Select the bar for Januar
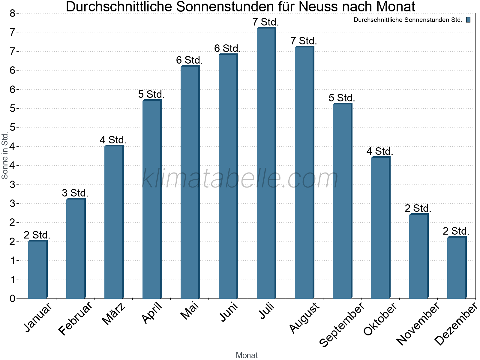pyautogui.click(x=37, y=270)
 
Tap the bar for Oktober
pyautogui.click(x=380, y=228)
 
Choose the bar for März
pyautogui.click(x=114, y=222)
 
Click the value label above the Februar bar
pyautogui.click(x=75, y=193)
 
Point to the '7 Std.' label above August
pyautogui.click(x=304, y=41)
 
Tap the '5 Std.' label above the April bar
pyautogui.click(x=151, y=94)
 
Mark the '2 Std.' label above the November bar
pyautogui.click(x=418, y=208)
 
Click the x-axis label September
pyautogui.click(x=342, y=324)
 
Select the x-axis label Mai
pyautogui.click(x=190, y=311)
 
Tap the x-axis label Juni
pyautogui.click(x=229, y=312)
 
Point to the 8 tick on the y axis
pyautogui.click(x=12, y=13)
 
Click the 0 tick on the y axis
pyautogui.click(x=12, y=298)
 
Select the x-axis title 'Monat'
pyautogui.click(x=247, y=355)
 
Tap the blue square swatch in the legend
pyautogui.click(x=468, y=20)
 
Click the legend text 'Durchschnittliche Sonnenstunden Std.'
pyautogui.click(x=408, y=20)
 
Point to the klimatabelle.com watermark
pyautogui.click(x=240, y=178)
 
